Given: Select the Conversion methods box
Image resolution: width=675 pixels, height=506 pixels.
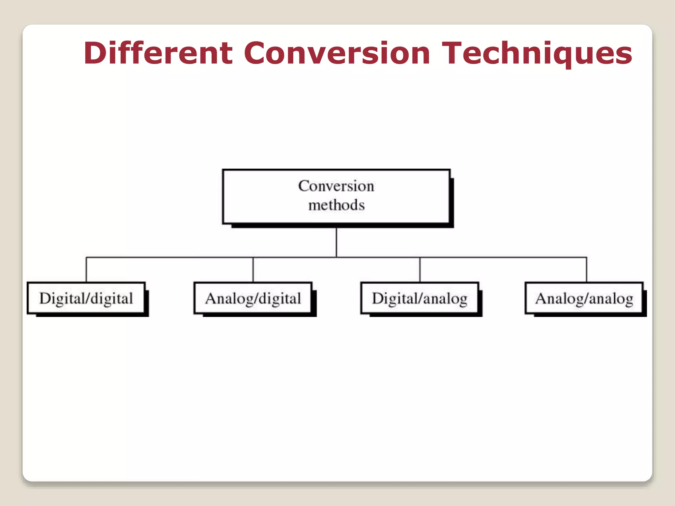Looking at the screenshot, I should point(336,197).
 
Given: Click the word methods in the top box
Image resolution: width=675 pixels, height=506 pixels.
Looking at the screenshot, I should point(337,205).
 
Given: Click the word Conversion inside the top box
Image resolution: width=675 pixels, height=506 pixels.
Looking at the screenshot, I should point(336,186).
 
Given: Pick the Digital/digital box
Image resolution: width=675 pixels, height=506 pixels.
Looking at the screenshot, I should point(86,298).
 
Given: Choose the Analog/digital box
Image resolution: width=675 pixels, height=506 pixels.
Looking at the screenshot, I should point(253,298).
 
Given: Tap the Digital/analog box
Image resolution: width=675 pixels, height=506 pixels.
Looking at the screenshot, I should point(420,298).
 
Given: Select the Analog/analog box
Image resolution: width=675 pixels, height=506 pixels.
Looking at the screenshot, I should point(584,298).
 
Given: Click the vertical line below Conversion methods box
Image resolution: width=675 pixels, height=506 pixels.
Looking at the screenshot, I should point(336,242).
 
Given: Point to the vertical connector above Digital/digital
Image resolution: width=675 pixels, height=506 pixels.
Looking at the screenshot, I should point(86,269).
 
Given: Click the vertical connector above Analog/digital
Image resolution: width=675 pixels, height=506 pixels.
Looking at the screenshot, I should point(253,269).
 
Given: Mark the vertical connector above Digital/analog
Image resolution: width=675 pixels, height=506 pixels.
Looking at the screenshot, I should point(420,269).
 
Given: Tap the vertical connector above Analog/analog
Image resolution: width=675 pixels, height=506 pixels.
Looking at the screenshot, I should point(587,269).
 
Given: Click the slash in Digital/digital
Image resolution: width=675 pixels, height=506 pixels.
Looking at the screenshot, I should point(88,298).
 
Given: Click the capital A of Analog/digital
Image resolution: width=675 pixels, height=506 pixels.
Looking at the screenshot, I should point(211,298).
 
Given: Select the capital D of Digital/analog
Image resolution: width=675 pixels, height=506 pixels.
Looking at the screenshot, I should point(378,298).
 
